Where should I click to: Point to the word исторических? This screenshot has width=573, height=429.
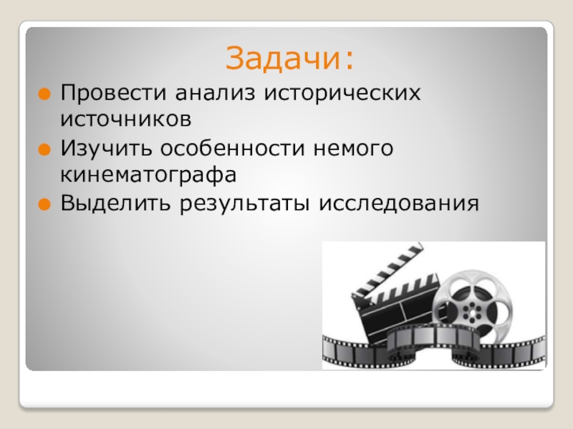tap(340, 94)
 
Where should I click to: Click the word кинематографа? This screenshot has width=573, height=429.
tap(148, 174)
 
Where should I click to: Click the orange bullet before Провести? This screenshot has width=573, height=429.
tap(44, 94)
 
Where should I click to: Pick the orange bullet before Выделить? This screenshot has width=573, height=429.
tap(44, 204)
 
